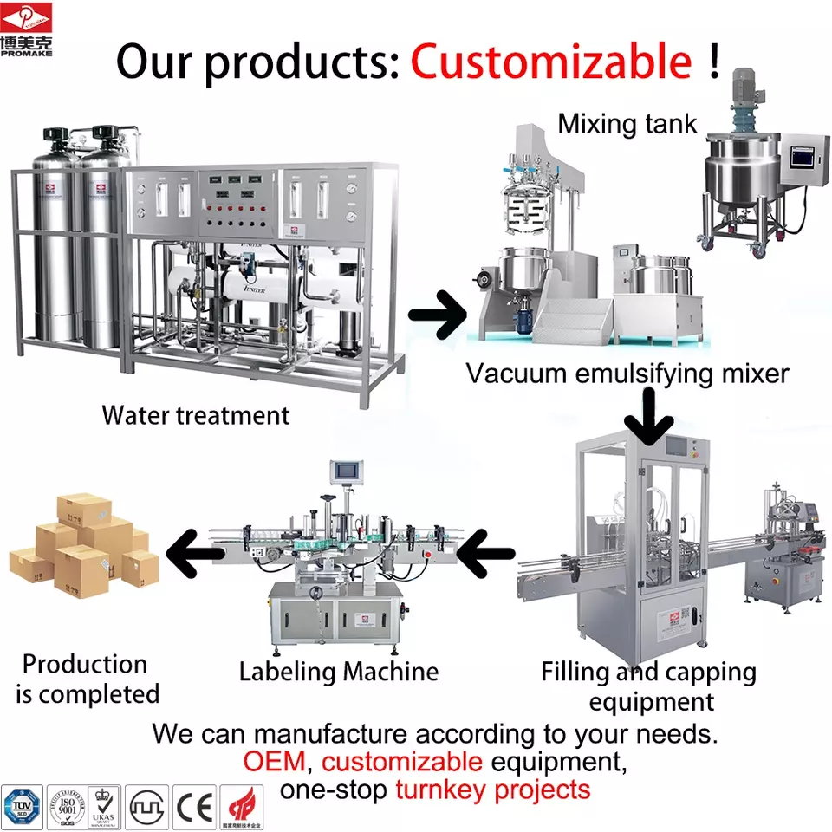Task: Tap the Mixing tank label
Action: (627, 124)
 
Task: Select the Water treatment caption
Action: (195, 415)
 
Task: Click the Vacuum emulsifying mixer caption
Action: (627, 374)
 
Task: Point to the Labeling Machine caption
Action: (339, 671)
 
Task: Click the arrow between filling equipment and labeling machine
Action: (486, 554)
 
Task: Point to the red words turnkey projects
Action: (492, 790)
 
